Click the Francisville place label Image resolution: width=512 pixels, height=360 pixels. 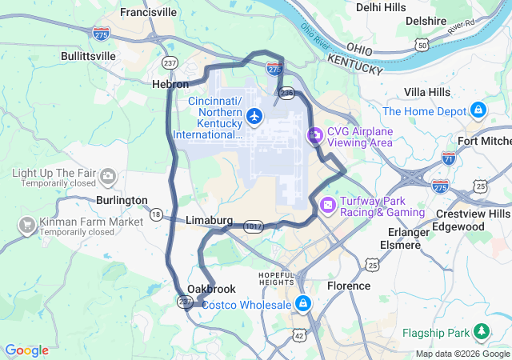149,12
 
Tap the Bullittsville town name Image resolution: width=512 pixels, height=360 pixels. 88,56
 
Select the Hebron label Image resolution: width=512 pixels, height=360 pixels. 170,83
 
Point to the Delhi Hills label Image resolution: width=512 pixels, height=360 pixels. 381,7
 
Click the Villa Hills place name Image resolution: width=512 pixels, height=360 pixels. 427,92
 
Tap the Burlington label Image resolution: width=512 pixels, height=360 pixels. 122,200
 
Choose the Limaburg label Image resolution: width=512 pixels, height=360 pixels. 209,220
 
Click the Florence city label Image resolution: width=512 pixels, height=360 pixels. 349,286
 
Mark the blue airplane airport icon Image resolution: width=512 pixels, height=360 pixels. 255,117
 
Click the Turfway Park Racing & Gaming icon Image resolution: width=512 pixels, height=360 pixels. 327,206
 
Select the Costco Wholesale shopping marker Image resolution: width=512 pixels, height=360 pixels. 303,304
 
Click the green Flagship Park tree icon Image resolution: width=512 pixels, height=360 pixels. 482,330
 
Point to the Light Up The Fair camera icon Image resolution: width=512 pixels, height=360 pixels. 106,174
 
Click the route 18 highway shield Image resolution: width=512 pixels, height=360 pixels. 155,214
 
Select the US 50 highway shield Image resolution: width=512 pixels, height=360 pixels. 421,46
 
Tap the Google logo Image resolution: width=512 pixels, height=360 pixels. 26,350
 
